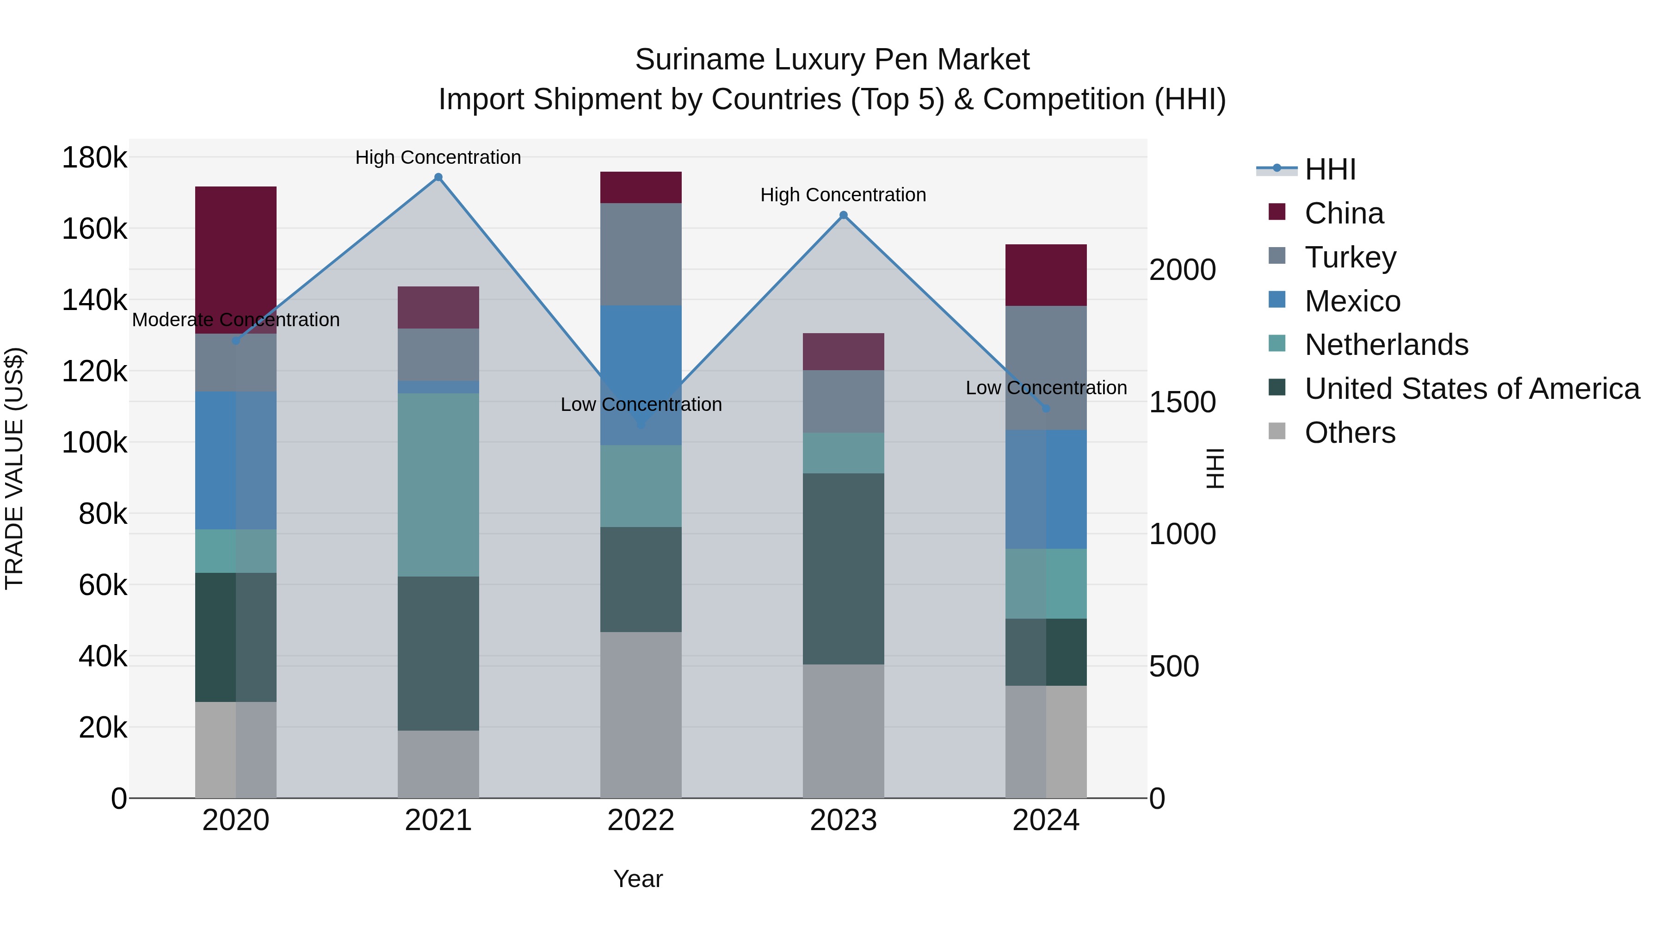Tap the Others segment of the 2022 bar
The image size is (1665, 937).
point(640,714)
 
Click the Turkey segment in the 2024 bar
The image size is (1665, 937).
point(1045,367)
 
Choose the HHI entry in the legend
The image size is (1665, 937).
point(1330,169)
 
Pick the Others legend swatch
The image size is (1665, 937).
point(1276,431)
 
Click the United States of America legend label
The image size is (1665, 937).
point(1472,389)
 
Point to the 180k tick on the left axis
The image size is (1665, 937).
point(94,158)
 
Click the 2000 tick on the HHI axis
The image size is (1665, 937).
point(1182,270)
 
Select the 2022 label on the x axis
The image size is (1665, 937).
point(640,820)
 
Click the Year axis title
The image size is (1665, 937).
point(637,879)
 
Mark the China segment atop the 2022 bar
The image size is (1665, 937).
point(640,187)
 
